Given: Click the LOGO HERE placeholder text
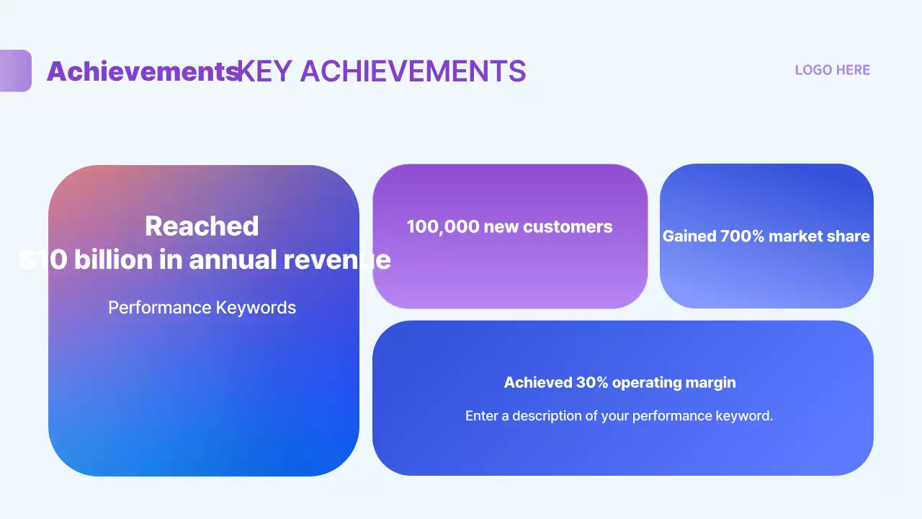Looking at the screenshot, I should point(832,70).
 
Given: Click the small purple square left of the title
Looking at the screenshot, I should point(15,71).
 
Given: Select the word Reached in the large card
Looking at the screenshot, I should point(202,226).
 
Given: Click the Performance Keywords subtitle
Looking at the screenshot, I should point(202,308).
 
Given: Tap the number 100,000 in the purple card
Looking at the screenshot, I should point(442,227).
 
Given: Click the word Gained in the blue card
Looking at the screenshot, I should point(689,236).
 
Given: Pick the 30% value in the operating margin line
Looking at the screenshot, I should point(592,383).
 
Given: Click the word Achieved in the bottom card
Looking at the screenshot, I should point(537,383).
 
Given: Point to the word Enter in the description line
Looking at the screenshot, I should point(481,416).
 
